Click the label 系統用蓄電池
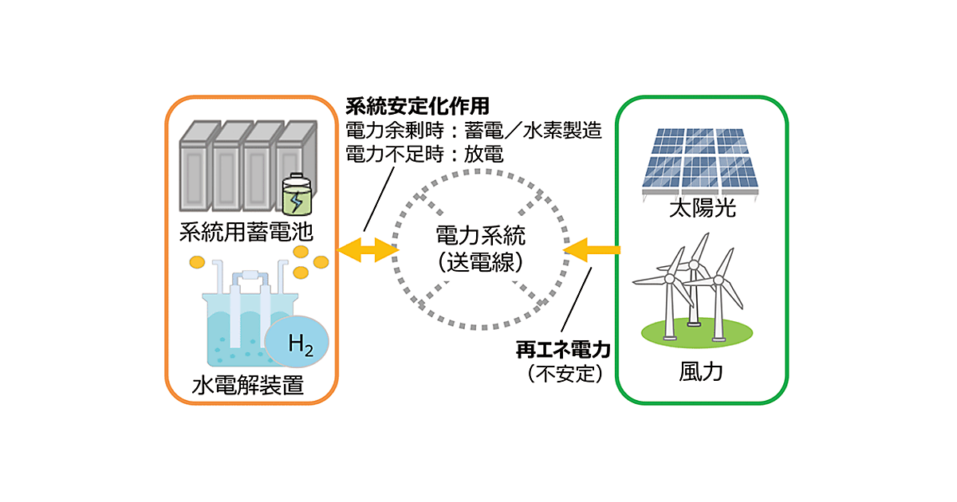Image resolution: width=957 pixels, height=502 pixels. pos(246,234)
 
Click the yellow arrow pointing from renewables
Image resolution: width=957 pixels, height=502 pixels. pos(591,251)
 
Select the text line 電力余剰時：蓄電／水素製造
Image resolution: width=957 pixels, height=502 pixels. pos(473,131)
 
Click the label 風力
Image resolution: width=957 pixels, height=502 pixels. pos(701,372)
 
